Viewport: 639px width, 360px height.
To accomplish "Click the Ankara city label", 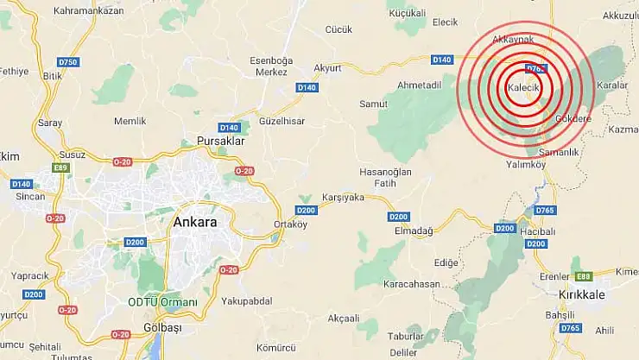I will click(194, 222).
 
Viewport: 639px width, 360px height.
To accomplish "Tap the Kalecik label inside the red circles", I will click(524, 88).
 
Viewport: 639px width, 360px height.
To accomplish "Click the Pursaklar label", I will click(221, 140).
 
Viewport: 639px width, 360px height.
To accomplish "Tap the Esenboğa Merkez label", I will click(269, 66).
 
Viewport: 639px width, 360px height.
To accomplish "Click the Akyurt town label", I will click(328, 67).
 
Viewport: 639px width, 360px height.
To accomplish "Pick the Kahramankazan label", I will click(89, 11).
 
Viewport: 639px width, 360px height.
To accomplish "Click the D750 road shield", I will click(67, 61).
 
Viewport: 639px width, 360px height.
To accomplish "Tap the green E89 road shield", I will click(60, 167).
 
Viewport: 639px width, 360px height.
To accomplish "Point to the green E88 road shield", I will click(584, 275).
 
